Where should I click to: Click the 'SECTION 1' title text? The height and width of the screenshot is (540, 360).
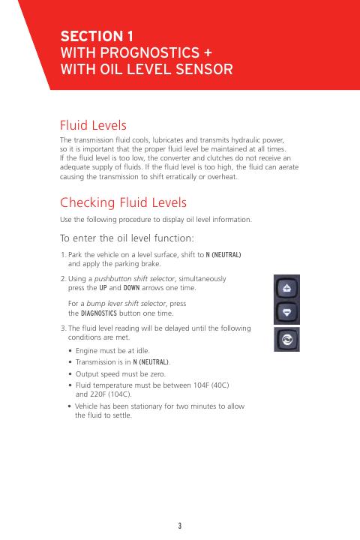click(x=97, y=36)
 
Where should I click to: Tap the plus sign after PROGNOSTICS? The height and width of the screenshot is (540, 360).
click(x=208, y=53)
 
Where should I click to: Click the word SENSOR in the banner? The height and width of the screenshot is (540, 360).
click(x=204, y=69)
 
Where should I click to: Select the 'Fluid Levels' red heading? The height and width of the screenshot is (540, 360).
click(x=93, y=125)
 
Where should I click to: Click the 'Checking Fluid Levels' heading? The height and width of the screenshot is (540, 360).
click(x=123, y=202)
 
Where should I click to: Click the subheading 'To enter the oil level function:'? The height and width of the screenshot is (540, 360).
click(x=127, y=238)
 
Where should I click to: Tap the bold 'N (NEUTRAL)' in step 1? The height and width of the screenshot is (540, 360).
click(x=223, y=255)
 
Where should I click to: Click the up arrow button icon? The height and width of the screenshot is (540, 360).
click(x=286, y=287)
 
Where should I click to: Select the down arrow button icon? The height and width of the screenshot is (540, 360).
click(x=286, y=312)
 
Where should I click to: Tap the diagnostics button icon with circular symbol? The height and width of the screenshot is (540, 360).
click(x=286, y=340)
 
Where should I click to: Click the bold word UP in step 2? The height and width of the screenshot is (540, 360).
click(x=103, y=288)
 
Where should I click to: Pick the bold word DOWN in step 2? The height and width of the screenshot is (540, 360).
click(x=131, y=288)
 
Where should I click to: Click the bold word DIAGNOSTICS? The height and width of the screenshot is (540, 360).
click(x=99, y=313)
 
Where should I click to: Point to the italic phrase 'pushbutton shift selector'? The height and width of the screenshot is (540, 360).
click(x=136, y=279)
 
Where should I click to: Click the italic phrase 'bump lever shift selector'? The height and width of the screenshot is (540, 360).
click(x=127, y=304)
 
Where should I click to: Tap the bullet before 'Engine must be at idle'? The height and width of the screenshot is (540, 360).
click(x=70, y=351)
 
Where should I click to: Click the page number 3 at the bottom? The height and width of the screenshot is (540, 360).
click(x=180, y=526)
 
